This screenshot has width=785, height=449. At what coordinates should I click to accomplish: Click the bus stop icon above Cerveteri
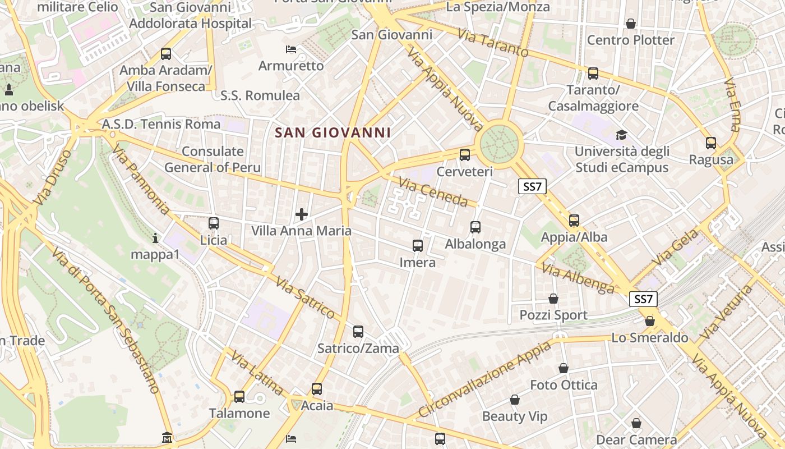[464, 155]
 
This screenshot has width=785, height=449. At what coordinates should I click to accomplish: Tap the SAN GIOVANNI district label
[333, 133]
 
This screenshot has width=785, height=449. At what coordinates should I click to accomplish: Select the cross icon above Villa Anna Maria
[302, 214]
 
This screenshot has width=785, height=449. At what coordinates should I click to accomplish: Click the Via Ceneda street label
[433, 191]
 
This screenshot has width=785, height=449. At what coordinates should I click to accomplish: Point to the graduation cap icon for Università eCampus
[621, 135]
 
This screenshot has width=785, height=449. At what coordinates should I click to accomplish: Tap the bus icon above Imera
[417, 246]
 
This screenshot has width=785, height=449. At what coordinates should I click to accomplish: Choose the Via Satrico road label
[305, 298]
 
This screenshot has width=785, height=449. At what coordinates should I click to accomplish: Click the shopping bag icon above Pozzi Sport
[553, 299]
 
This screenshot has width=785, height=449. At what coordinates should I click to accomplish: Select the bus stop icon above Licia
[214, 223]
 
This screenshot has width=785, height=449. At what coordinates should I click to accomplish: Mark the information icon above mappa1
[155, 239]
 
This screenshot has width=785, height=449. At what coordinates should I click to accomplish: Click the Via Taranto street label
[493, 43]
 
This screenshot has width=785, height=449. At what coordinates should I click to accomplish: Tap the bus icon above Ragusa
[711, 143]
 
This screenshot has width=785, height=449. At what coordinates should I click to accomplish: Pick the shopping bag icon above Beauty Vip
[514, 400]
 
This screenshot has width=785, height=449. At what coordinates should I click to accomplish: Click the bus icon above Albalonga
[475, 227]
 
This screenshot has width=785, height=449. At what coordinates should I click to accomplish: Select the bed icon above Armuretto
[290, 49]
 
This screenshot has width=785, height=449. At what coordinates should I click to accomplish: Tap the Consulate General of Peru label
[213, 159]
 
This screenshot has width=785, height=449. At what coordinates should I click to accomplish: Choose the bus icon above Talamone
[239, 397]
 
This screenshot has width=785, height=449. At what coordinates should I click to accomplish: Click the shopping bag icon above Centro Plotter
[631, 24]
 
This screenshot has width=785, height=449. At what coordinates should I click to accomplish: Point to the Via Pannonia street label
[140, 180]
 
